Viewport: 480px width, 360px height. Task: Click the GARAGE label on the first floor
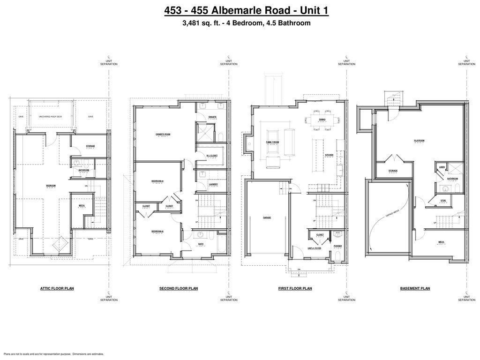click(x=267, y=217)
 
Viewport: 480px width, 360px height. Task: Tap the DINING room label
click(x=322, y=120)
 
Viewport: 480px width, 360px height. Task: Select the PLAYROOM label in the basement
click(x=419, y=141)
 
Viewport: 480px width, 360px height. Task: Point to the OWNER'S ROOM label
click(x=163, y=135)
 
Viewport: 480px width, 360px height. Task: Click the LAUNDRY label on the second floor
click(x=212, y=184)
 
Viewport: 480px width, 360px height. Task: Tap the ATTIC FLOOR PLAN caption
click(x=57, y=288)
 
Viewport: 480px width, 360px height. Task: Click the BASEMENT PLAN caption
click(x=415, y=288)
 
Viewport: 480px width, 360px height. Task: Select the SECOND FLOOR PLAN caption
click(x=179, y=288)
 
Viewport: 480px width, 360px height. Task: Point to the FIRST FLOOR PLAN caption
click(x=295, y=288)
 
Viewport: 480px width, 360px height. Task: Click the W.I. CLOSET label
click(x=212, y=155)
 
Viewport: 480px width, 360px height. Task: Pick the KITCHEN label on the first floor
click(x=330, y=155)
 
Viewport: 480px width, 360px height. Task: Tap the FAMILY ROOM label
click(x=273, y=142)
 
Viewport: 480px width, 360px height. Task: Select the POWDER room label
click(x=337, y=246)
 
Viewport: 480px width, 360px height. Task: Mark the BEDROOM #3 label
click(x=157, y=181)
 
